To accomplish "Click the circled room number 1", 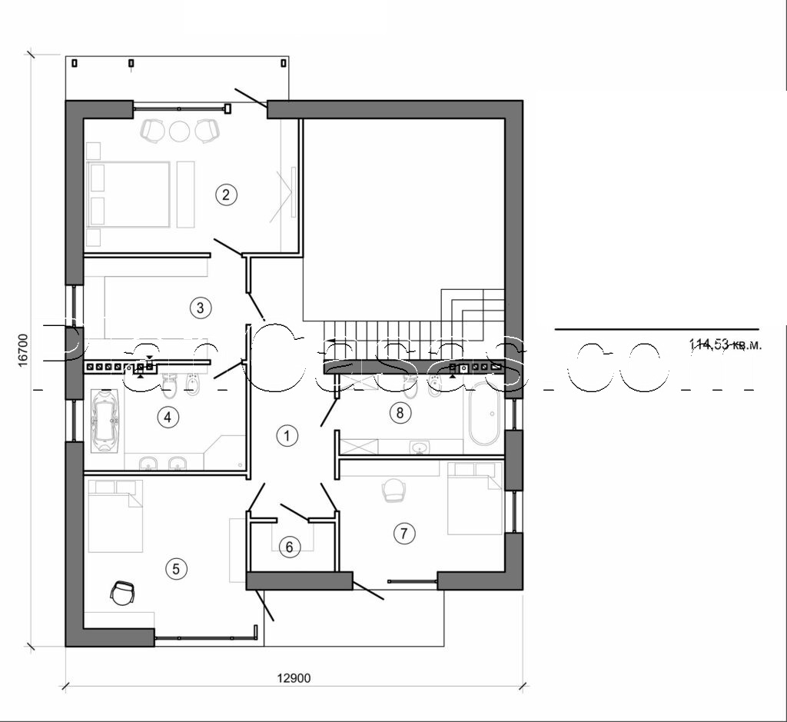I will coord(286,436).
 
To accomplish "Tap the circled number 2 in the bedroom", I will coord(225,194).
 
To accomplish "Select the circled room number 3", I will coord(199,308).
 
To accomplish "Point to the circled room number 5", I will coord(175,569).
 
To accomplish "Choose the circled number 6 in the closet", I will coord(289,547).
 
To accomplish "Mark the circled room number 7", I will coord(403,532).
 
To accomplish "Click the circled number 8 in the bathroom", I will coord(398,413).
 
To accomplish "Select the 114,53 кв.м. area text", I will coord(726,345).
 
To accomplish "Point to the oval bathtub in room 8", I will coord(483,419).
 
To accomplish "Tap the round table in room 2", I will coord(179,131).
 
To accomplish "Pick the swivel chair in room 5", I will coord(122,593).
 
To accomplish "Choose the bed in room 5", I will coord(115,516).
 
